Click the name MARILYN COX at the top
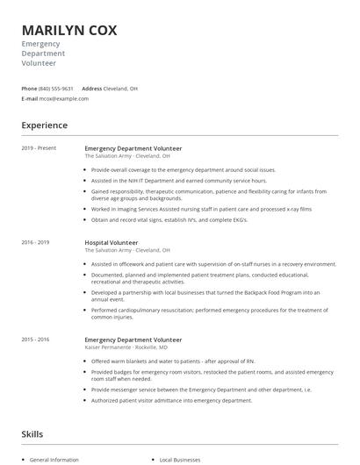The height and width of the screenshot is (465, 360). [x=69, y=29]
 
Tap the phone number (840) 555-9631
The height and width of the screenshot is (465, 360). [x=56, y=89]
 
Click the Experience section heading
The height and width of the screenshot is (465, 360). [x=46, y=125]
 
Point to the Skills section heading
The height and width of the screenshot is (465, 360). [x=32, y=434]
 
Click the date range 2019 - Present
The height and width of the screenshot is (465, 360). [x=39, y=148]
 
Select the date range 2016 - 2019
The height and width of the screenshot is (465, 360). [x=37, y=242]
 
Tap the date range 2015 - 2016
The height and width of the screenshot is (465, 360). [x=37, y=340]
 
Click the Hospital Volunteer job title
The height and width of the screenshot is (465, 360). [x=111, y=242]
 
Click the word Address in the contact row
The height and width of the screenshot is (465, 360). [x=92, y=89]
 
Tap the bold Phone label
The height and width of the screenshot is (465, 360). [x=29, y=89]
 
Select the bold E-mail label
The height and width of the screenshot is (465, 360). [x=30, y=98]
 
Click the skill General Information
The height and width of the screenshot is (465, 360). [x=54, y=460]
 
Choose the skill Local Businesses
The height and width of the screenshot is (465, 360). [x=181, y=460]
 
